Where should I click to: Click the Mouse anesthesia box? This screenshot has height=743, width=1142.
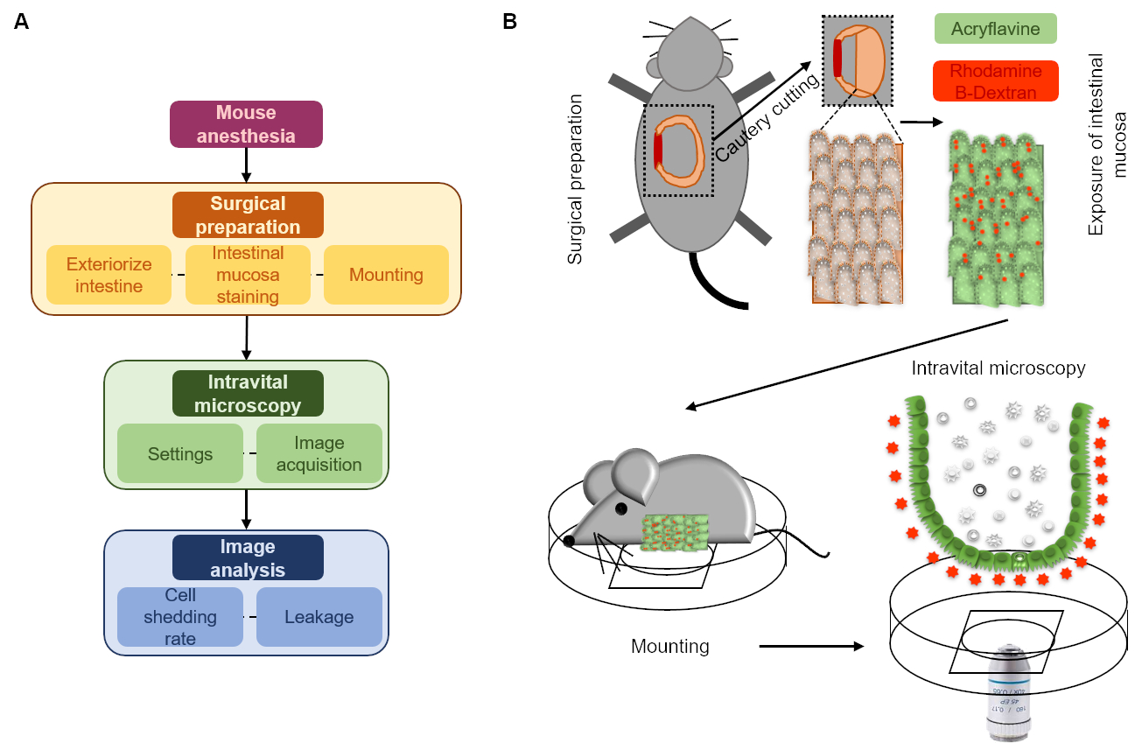(246, 124)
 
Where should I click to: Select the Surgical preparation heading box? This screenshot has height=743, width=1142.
(248, 215)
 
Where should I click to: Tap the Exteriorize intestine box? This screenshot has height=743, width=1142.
(109, 275)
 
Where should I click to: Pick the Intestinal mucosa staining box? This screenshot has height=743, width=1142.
(248, 275)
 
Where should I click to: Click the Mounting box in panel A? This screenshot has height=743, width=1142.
(386, 275)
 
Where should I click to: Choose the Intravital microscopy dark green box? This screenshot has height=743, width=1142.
(248, 393)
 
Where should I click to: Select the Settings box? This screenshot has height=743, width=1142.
(180, 453)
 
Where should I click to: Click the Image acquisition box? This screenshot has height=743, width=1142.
(319, 453)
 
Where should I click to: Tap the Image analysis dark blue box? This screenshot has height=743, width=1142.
(248, 557)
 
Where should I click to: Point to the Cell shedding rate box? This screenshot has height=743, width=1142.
(179, 616)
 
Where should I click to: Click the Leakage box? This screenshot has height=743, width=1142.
(319, 616)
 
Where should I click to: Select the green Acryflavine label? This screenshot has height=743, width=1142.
(995, 28)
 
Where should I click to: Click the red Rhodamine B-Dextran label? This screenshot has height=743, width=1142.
(996, 81)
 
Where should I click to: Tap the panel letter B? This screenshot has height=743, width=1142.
(509, 22)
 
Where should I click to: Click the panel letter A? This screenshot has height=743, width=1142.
(21, 22)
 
